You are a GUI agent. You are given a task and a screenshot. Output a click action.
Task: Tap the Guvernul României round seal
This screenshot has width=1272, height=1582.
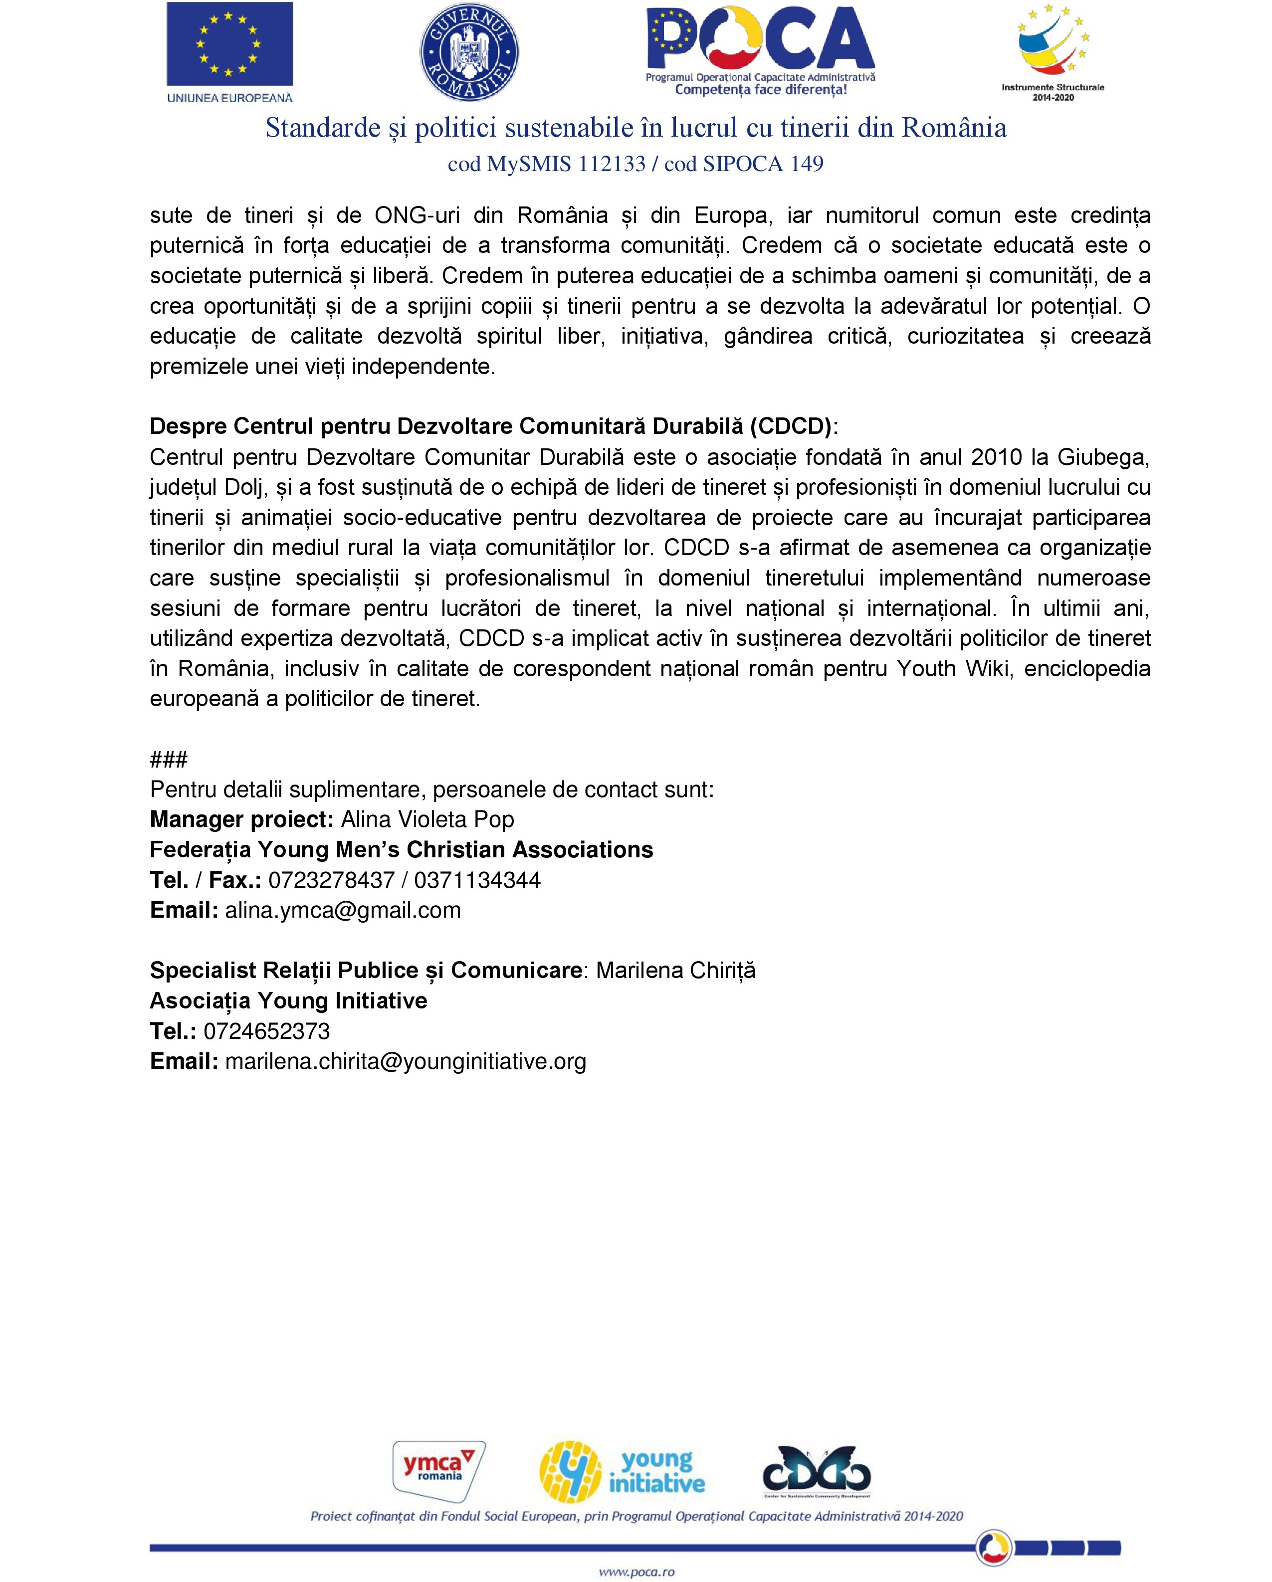coord(469,52)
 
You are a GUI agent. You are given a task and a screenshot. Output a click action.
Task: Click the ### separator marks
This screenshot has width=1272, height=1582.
coord(169,759)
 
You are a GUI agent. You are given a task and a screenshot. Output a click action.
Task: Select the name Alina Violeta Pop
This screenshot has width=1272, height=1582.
coord(427,819)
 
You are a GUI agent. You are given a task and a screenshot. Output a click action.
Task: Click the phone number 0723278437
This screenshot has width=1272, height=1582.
coord(332,880)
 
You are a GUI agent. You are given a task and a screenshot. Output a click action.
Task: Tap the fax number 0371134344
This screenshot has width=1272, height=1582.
coord(477,880)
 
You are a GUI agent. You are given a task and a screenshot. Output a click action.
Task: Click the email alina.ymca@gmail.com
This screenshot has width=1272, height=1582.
coord(343,910)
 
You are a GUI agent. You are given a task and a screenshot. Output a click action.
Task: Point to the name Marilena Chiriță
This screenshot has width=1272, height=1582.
coord(675,970)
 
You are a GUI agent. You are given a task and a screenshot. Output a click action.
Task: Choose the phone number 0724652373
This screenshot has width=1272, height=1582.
coord(266,1031)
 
